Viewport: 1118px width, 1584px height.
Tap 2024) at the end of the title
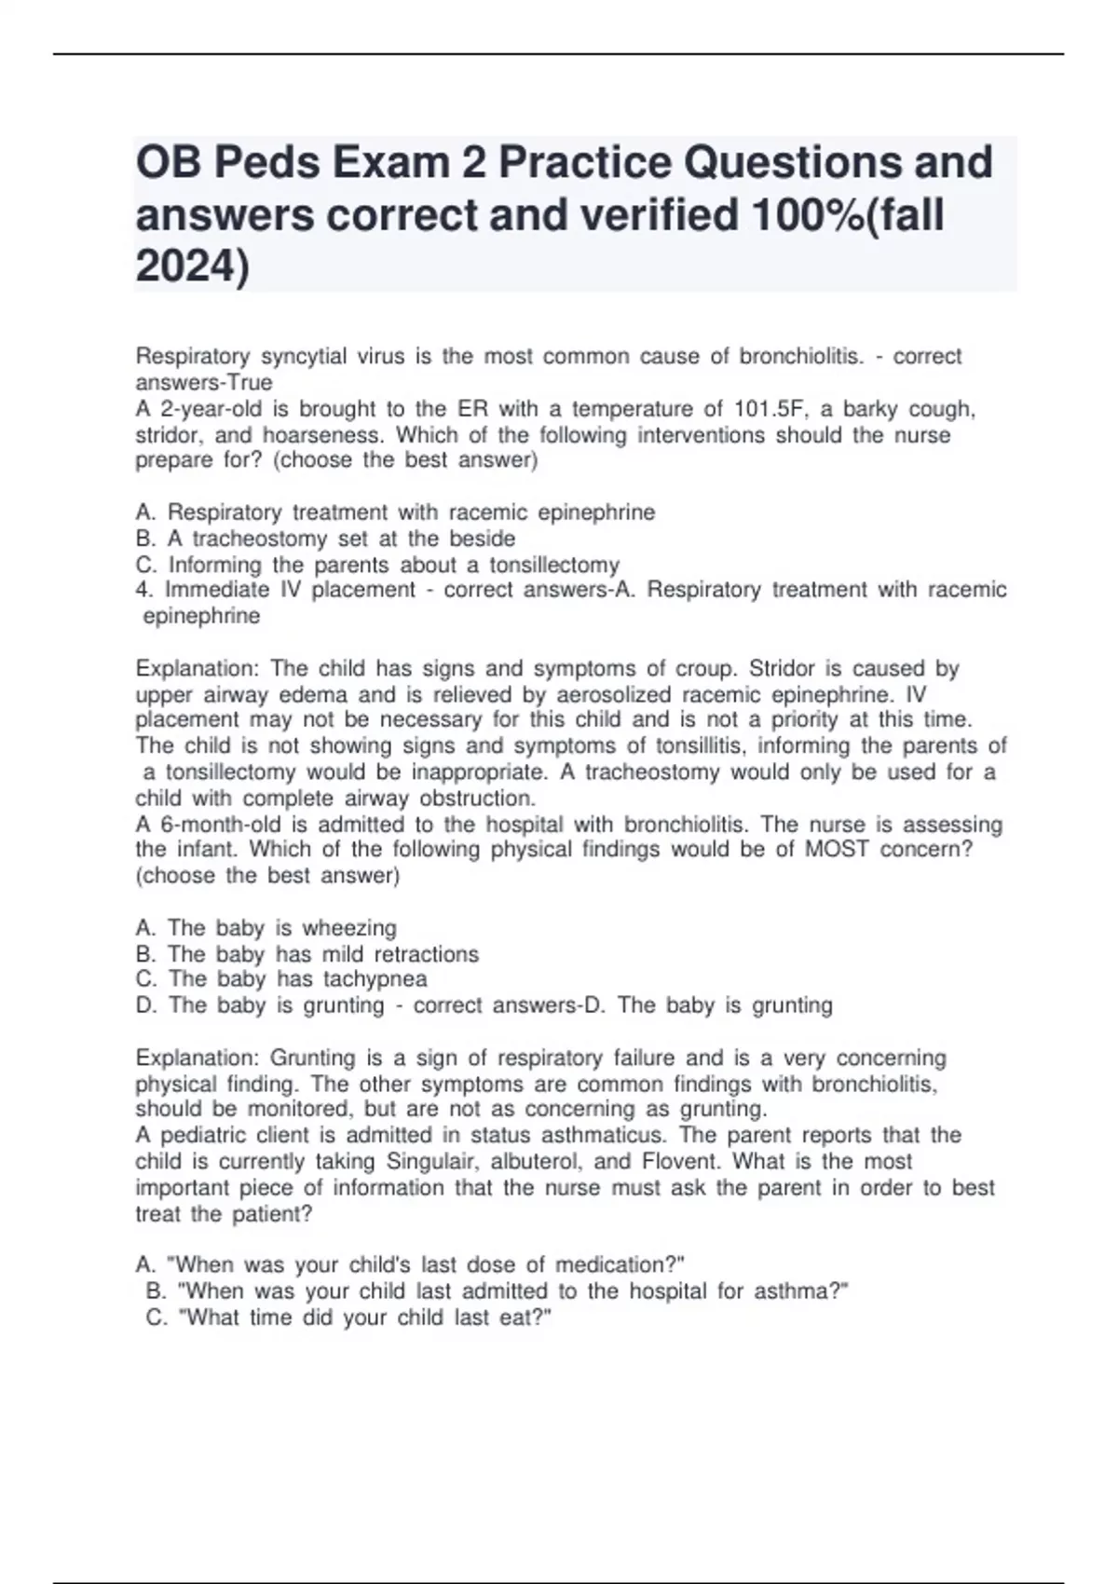(x=193, y=267)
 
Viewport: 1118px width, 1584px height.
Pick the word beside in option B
(x=483, y=539)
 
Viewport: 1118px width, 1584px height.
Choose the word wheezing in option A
(x=349, y=928)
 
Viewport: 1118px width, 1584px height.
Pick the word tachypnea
(x=375, y=979)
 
